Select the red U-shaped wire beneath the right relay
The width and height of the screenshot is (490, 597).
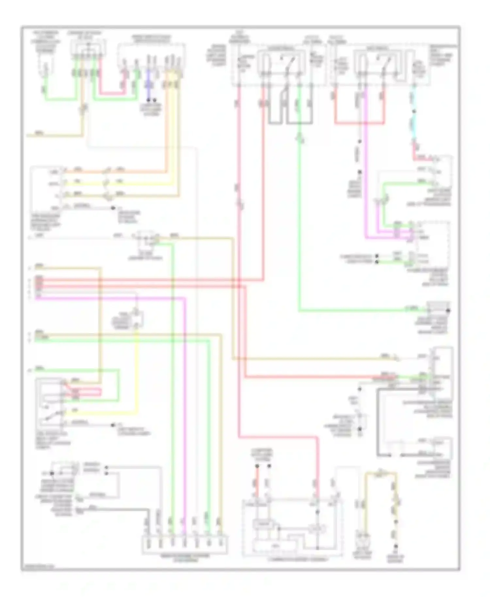[x=359, y=123]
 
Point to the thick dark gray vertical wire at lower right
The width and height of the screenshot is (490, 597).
[x=378, y=421]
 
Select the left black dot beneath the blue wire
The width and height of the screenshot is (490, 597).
[x=148, y=100]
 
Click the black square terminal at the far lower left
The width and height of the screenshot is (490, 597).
[x=52, y=473]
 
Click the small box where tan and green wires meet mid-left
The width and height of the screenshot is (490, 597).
[x=147, y=238]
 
